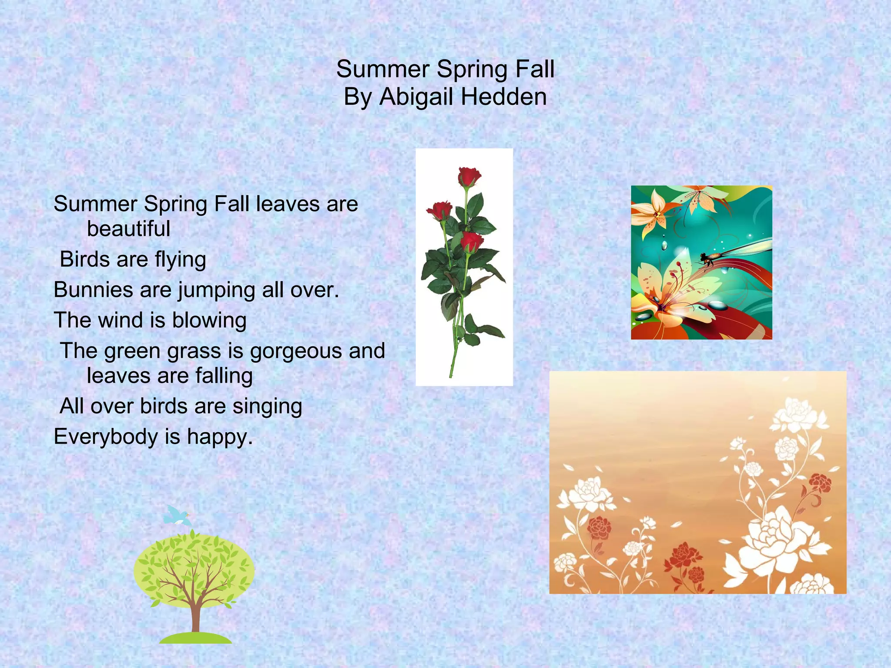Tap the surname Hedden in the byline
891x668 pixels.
point(503,97)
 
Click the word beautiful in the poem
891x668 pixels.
point(128,229)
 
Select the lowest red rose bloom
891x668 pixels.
point(472,242)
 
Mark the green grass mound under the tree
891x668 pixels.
point(195,638)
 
